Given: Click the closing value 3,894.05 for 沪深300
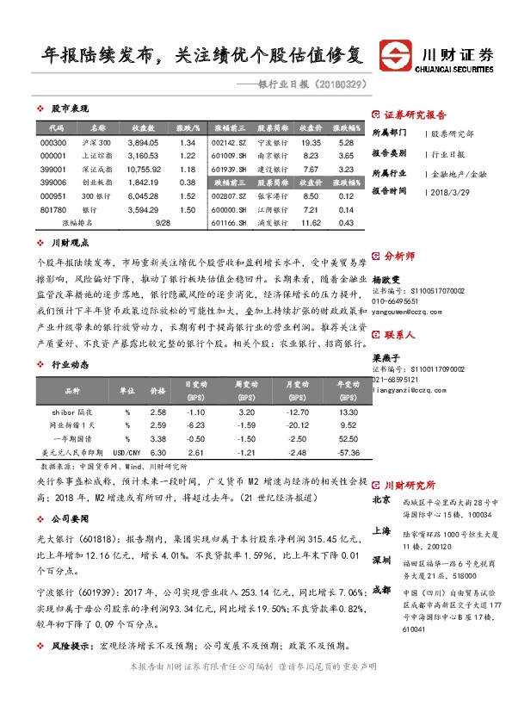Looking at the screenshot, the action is tap(143, 143).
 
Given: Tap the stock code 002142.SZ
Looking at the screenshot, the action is tap(229, 143).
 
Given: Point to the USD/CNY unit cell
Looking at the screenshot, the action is tap(126, 452).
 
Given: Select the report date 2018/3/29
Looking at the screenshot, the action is tap(448, 192).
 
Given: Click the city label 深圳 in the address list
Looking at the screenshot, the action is tap(381, 560).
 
